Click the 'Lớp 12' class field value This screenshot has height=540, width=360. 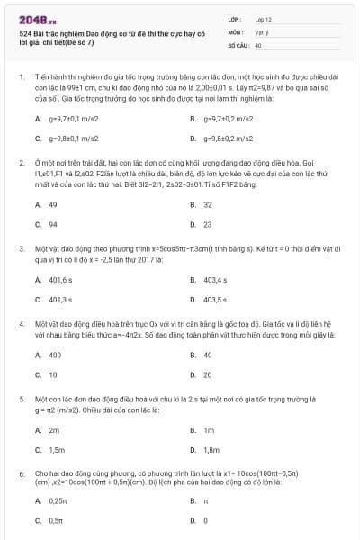263,18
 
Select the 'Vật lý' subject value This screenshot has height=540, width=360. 262,31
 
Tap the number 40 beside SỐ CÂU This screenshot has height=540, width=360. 258,44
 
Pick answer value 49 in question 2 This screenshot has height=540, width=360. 53,204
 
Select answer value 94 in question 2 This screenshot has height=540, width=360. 53,224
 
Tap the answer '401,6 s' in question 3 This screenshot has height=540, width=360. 60,280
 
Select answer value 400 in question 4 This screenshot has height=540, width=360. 55,355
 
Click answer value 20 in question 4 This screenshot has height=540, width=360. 208,374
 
